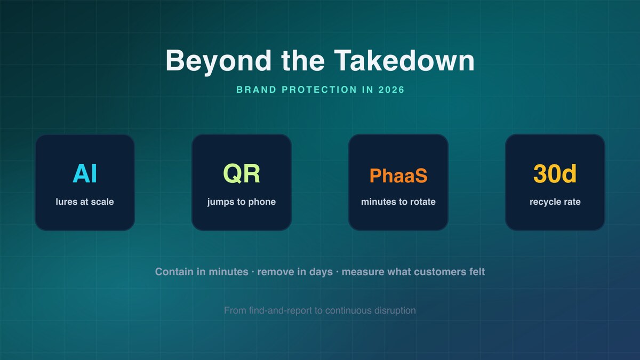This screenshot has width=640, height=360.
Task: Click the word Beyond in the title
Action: (218, 61)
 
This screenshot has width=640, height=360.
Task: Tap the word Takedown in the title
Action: (404, 60)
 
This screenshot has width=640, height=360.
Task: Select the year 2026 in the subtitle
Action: (391, 90)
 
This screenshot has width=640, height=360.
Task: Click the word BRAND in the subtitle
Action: (257, 90)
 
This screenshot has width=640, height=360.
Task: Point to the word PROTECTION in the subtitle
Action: (319, 90)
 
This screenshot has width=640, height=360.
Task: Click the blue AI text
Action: (85, 174)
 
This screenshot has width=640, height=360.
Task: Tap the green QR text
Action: (242, 174)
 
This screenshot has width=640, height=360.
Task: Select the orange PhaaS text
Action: (398, 175)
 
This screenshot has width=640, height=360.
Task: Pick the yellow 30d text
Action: (555, 174)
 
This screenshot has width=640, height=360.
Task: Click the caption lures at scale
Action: (85, 202)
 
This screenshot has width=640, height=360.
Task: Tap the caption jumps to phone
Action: (242, 202)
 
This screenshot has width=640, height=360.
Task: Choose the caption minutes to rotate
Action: (398, 202)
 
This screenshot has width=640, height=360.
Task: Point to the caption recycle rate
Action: (555, 202)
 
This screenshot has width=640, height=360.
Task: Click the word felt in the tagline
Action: (477, 271)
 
